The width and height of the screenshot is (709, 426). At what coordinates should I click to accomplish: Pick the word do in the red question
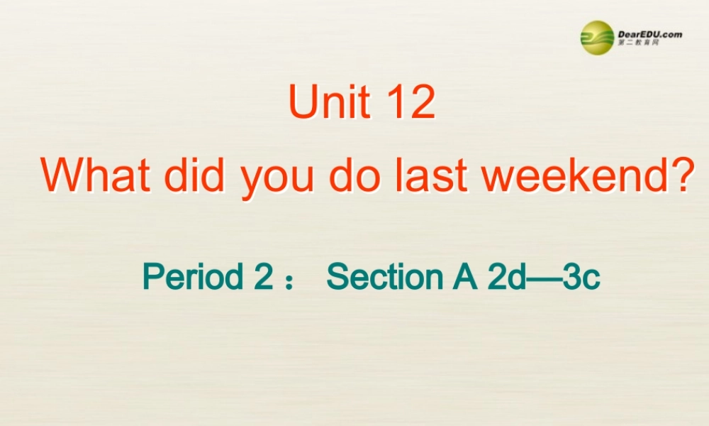click(352, 175)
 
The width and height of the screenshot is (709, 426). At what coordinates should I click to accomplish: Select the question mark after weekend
click(679, 175)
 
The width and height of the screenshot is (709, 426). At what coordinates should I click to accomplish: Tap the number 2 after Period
click(262, 276)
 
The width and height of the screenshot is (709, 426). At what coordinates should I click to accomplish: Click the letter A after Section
click(464, 276)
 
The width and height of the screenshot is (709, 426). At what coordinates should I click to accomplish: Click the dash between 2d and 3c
click(544, 278)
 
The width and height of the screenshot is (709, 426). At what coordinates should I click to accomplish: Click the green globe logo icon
click(597, 37)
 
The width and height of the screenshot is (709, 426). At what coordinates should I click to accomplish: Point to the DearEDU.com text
click(649, 33)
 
